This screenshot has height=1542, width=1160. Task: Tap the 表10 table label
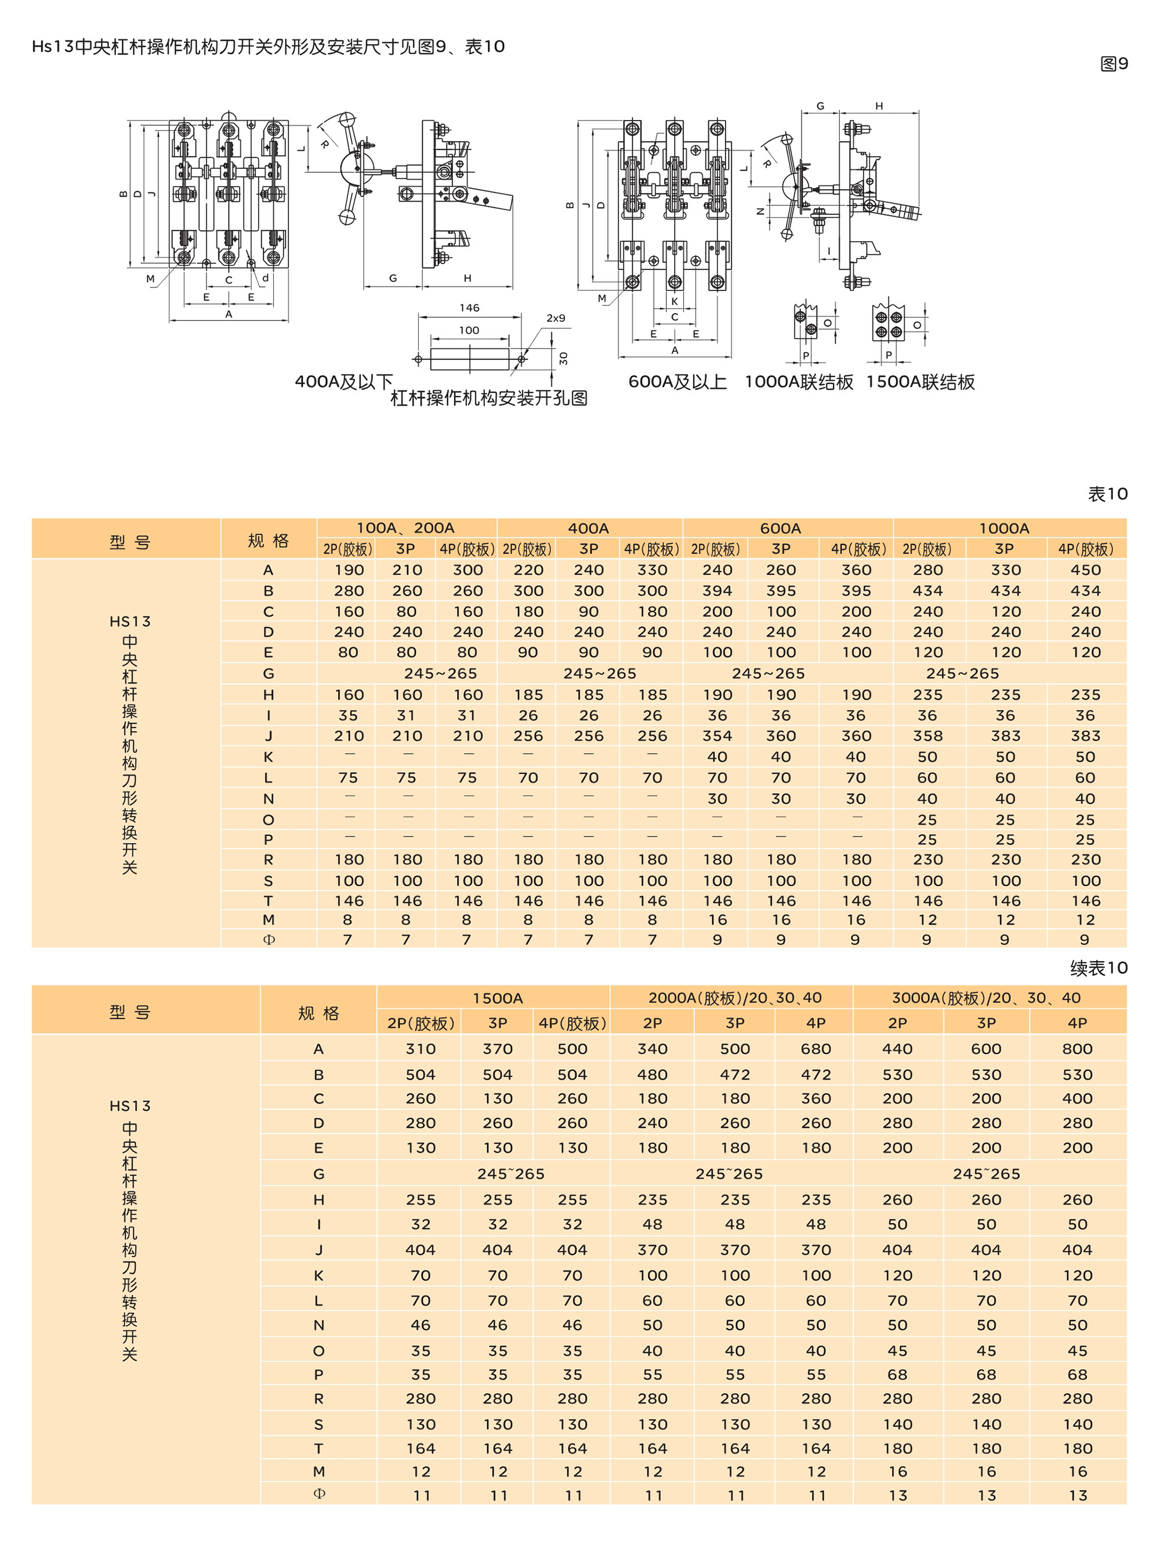coord(1107,494)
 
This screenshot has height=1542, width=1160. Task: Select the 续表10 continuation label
coord(1099,968)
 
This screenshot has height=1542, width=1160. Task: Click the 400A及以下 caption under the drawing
coord(344,382)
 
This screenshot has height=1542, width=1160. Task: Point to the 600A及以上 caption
coord(677,382)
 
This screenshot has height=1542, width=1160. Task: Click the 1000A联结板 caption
coord(799,382)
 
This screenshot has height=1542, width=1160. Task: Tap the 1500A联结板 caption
coord(920,382)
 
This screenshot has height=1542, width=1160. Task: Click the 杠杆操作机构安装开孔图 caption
coord(488,398)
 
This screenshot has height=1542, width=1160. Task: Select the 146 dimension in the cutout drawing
coord(469,307)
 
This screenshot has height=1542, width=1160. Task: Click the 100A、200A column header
coord(405,528)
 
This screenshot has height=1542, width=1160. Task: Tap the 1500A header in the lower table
coord(497,998)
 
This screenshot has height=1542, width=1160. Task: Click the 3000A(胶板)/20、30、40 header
coord(987,998)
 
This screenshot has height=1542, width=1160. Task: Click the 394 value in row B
coord(717,591)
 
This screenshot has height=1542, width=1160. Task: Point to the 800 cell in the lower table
coord(1077,1049)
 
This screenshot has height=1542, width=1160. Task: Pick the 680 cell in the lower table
coord(815,1049)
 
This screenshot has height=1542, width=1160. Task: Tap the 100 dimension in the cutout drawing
coord(469,330)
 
